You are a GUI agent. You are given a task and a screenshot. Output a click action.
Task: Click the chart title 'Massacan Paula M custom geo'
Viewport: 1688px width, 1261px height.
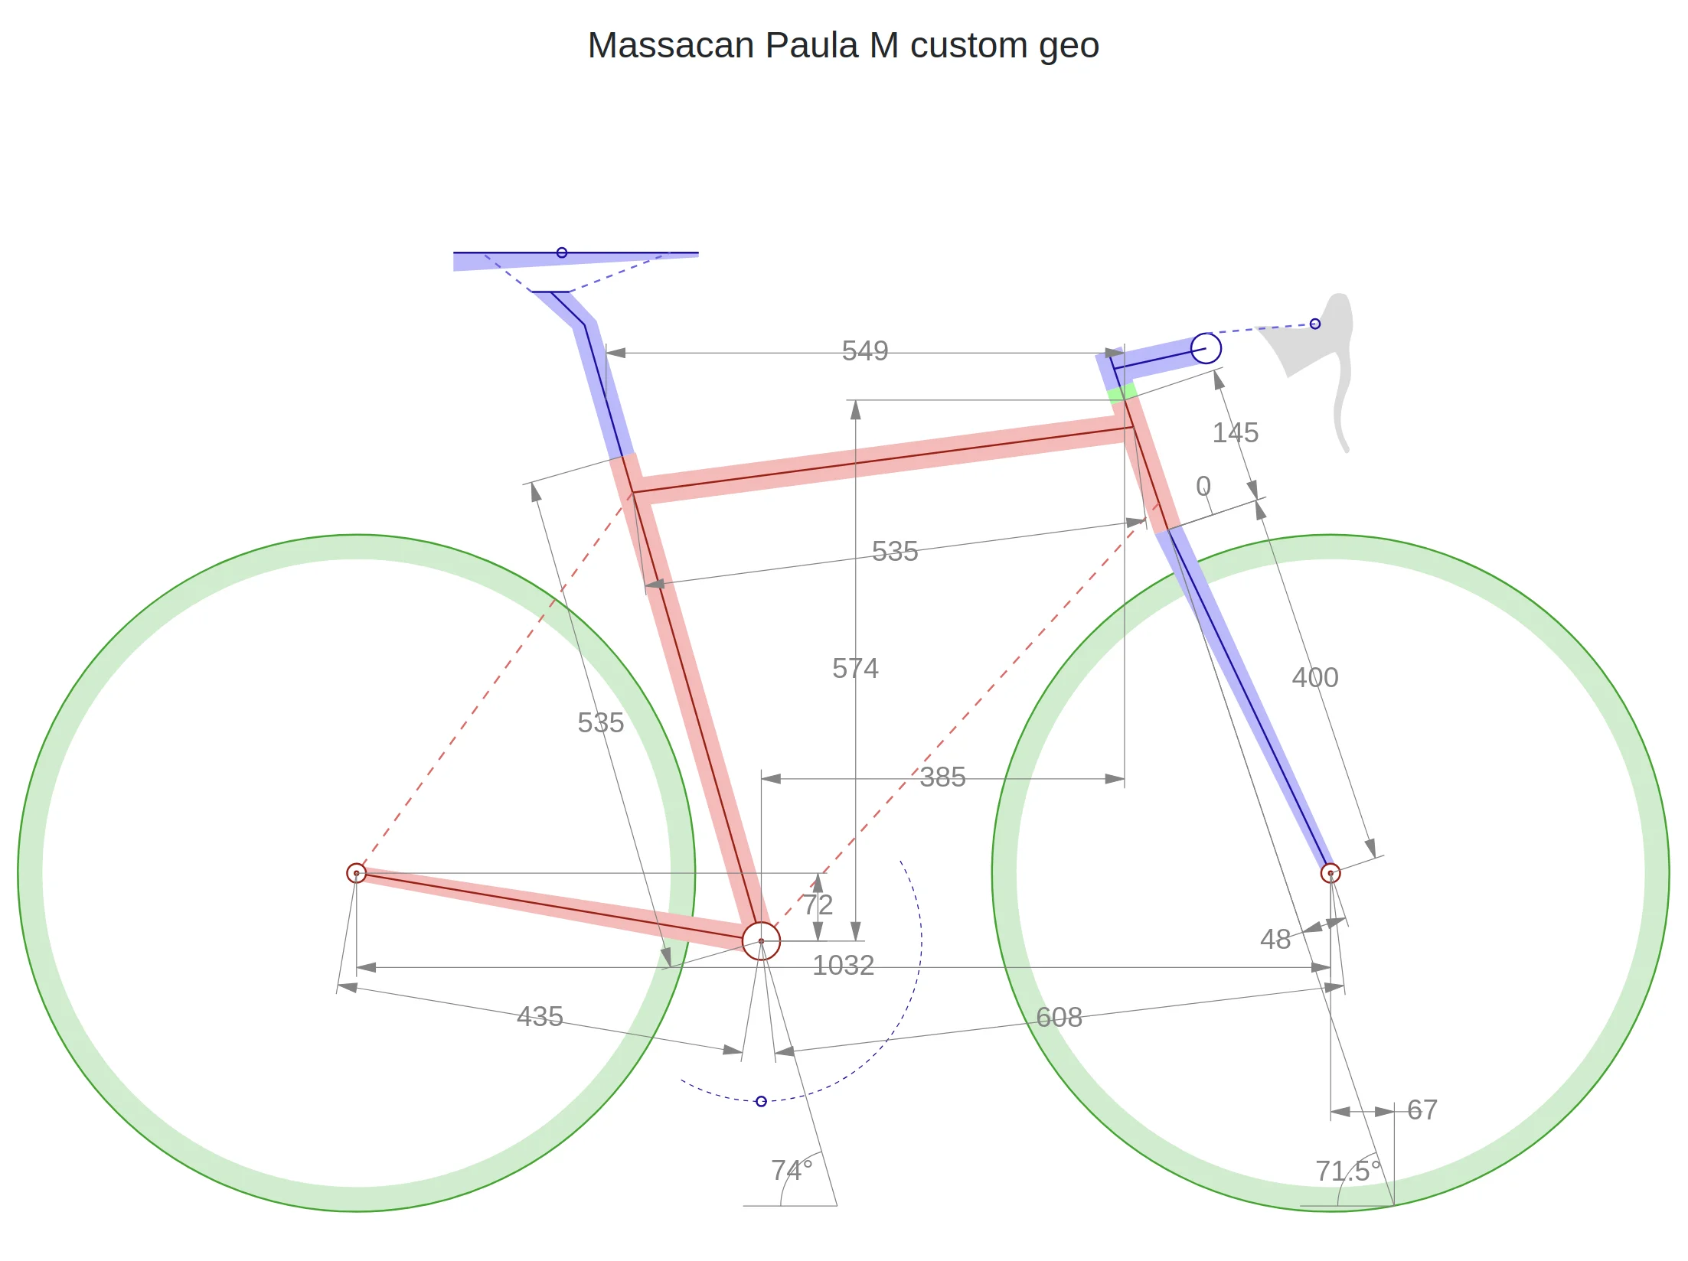[843, 46]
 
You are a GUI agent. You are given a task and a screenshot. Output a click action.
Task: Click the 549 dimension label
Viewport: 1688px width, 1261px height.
[865, 351]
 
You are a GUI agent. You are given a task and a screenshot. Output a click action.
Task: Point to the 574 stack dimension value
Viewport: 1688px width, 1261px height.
[855, 669]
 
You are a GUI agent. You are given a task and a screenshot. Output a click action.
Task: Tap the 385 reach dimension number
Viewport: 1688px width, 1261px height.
[942, 777]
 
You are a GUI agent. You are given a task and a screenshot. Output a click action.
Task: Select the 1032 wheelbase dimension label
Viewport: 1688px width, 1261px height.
[843, 966]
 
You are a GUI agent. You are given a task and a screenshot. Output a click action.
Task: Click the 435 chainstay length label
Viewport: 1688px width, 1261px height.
[540, 1017]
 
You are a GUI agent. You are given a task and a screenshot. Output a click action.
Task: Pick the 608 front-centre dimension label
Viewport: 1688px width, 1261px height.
[1059, 1018]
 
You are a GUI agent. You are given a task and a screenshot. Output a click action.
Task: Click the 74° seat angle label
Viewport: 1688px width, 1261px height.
[792, 1171]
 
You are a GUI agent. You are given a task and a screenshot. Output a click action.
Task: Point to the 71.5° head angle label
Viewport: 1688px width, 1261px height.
[1348, 1171]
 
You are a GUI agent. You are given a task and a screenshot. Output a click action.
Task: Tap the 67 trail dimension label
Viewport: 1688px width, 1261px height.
[1422, 1110]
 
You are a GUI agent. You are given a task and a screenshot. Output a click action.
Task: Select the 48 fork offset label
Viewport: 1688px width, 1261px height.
[1275, 940]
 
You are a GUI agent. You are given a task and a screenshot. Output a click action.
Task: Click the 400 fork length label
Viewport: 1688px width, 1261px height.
[1315, 678]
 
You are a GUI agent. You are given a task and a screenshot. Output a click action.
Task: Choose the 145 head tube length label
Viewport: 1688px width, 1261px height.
[1236, 433]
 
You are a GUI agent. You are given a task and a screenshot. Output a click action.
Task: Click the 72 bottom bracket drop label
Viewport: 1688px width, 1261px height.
[818, 905]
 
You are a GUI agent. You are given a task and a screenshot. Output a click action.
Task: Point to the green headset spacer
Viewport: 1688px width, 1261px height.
[1122, 393]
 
